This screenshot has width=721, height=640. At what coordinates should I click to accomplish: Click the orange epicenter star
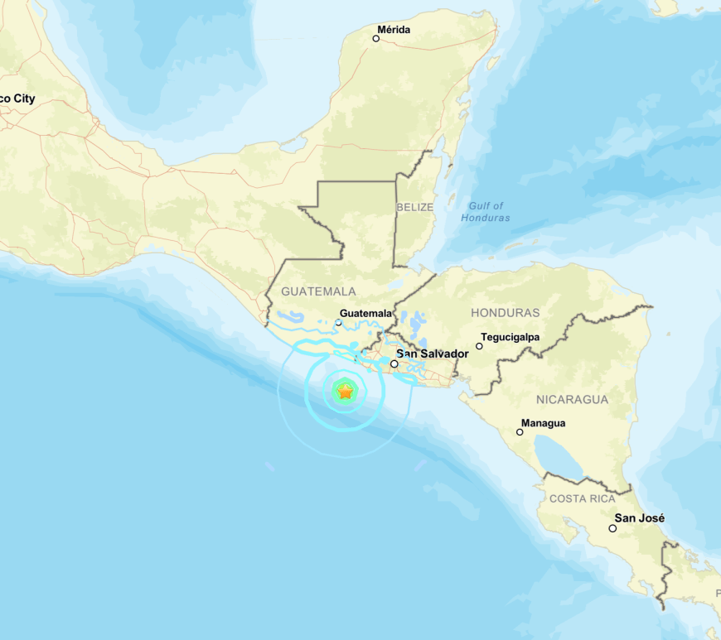point(345,391)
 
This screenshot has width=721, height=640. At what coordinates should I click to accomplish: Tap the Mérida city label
point(394,31)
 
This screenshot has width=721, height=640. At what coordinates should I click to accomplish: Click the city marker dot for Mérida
point(376,38)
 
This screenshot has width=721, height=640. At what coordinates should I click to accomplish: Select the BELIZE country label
point(415,207)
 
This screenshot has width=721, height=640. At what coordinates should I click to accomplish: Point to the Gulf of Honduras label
point(486,212)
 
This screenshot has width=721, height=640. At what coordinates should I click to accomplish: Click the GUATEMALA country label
point(318,291)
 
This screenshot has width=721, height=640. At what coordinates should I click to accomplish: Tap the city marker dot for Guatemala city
point(338,322)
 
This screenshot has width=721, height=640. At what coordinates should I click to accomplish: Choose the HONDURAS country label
point(505,313)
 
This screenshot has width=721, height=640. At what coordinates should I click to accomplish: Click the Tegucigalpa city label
point(513,337)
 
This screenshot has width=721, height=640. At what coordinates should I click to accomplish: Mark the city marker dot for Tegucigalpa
point(479,345)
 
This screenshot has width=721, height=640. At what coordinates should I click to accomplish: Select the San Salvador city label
point(433,354)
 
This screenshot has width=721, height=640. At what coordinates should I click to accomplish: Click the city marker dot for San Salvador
point(394,363)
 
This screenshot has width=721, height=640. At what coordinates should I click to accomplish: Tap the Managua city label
point(544,423)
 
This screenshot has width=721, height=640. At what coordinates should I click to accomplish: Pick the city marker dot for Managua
point(520,431)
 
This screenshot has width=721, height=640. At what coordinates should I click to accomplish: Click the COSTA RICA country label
point(583,498)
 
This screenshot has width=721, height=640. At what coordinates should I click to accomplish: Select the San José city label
point(639,519)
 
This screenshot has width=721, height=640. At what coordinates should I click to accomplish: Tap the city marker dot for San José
point(612,527)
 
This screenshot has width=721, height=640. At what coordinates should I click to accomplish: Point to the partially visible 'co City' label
point(17,99)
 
